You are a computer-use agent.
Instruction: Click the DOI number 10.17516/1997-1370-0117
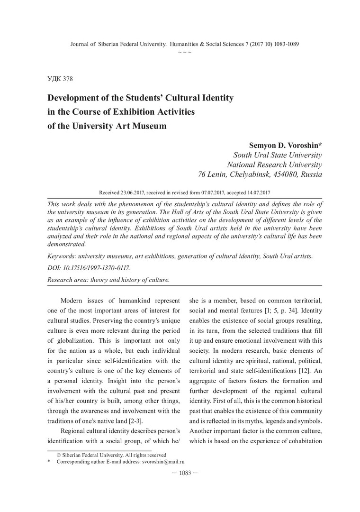(x=90, y=268)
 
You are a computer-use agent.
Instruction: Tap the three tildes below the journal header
(x=184, y=51)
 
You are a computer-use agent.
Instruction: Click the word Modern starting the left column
(x=74, y=301)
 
